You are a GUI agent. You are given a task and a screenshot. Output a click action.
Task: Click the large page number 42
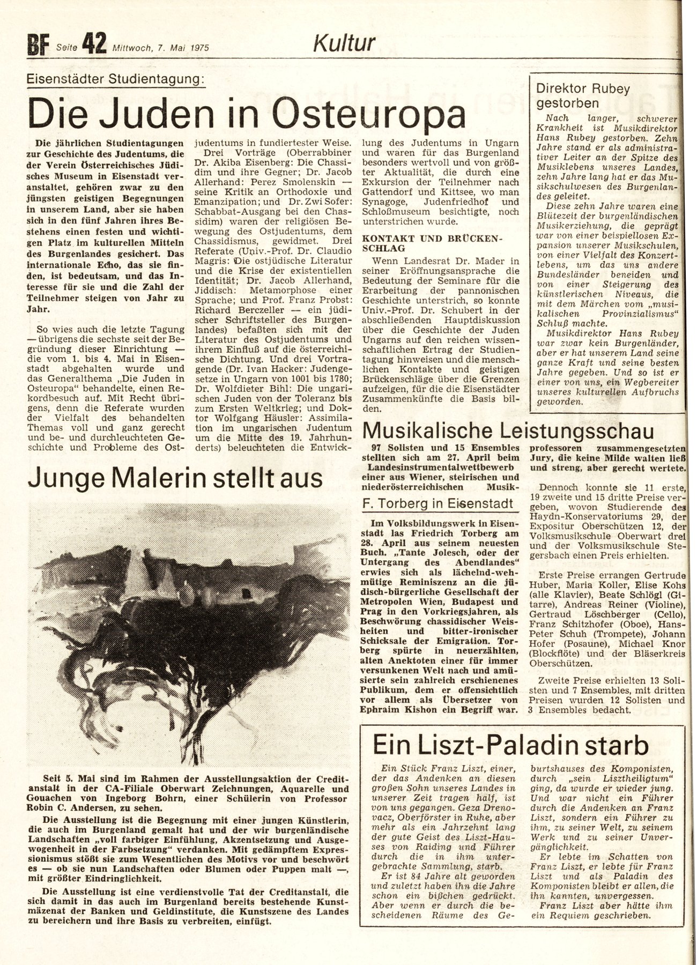(93, 41)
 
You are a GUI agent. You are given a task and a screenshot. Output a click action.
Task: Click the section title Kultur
(344, 43)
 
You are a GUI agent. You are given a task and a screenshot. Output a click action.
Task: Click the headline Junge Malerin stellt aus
(175, 477)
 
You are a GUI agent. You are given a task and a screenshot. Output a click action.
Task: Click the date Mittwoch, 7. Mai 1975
(160, 48)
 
